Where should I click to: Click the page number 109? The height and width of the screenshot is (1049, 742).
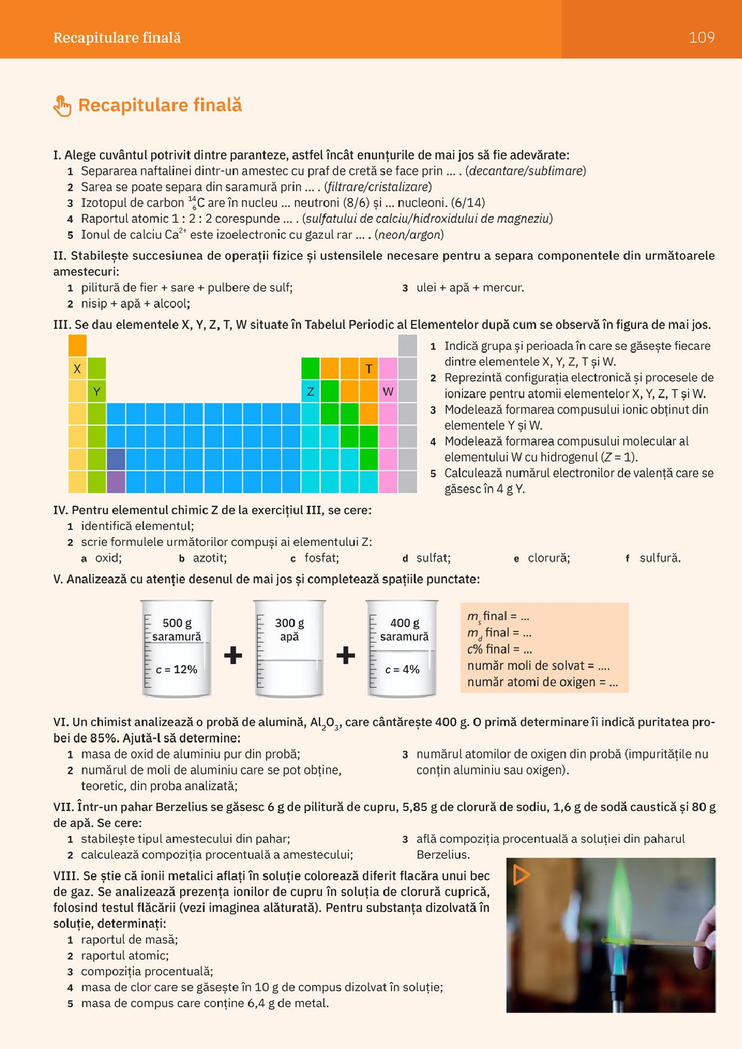pos(701,38)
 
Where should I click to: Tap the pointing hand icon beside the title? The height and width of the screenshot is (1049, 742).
pos(62,106)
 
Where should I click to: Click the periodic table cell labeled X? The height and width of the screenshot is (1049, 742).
pos(77,369)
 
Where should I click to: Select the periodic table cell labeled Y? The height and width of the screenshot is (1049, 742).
pos(96,392)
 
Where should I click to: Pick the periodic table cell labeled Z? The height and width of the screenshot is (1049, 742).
pos(311,392)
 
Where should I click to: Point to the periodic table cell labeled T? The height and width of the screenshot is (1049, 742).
pos(369,369)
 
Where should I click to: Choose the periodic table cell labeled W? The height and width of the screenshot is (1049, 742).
pos(388,392)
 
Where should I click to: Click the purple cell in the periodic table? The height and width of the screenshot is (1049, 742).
pos(116,482)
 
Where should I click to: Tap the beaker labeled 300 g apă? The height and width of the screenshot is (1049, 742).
pos(290,649)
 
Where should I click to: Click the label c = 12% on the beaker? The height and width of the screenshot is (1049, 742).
pos(177,669)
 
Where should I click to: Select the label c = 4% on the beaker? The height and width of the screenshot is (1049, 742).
pos(403,669)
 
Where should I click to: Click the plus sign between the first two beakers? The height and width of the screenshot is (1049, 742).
pos(233,656)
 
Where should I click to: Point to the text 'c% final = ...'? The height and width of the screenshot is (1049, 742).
pos(500,649)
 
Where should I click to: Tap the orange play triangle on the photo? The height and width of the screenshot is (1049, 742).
pos(521,875)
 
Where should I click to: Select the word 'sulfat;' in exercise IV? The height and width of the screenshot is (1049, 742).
pos(433,558)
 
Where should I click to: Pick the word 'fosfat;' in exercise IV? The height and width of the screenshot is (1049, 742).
pos(321,558)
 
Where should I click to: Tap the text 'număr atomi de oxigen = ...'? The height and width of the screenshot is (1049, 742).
pos(543,682)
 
